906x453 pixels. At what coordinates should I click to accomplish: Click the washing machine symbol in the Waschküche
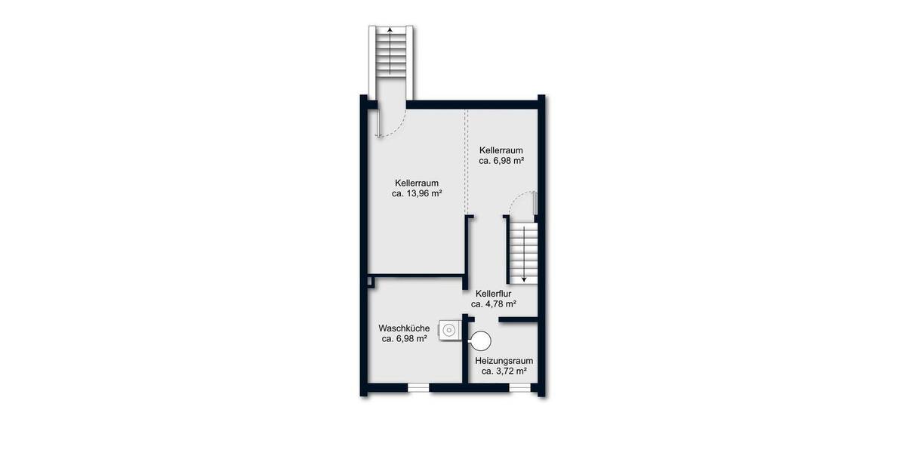click(x=449, y=329)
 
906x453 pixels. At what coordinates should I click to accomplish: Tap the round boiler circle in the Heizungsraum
click(x=480, y=341)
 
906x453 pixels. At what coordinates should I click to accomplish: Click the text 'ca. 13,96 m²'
click(x=417, y=194)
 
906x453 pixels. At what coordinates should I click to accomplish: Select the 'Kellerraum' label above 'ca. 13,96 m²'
click(x=417, y=183)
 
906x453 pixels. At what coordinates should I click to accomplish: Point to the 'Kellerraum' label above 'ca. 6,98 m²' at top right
click(x=501, y=149)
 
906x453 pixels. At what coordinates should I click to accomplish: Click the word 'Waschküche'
click(x=405, y=328)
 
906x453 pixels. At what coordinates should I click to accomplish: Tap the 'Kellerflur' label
click(x=494, y=293)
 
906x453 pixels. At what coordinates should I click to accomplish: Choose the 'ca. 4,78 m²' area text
click(x=494, y=304)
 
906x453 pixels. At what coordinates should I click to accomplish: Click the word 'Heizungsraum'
click(x=504, y=360)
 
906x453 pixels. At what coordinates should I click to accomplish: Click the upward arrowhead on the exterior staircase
click(x=390, y=30)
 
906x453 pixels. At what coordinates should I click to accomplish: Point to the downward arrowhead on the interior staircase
click(x=523, y=278)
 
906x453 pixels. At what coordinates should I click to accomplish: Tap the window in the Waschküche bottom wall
click(x=418, y=387)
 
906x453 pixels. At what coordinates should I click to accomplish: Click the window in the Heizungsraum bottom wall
click(x=519, y=387)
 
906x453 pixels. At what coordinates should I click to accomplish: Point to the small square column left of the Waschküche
click(x=371, y=282)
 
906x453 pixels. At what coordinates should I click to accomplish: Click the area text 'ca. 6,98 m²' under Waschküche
click(x=405, y=339)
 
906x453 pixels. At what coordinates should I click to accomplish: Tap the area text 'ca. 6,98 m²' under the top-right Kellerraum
click(x=501, y=161)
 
